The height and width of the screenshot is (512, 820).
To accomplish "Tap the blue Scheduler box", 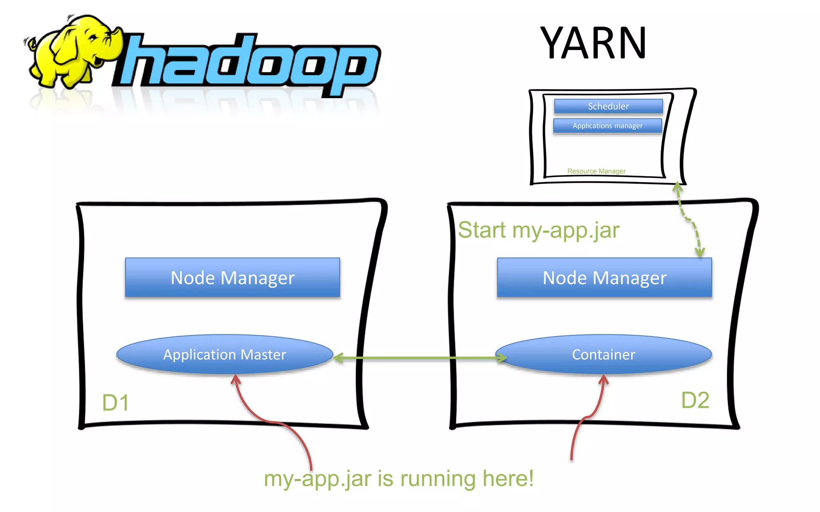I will (x=608, y=106).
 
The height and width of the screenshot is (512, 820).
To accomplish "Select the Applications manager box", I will (x=607, y=126).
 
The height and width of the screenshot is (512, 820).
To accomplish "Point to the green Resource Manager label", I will (x=596, y=171).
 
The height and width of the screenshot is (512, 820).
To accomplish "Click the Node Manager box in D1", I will (x=232, y=278).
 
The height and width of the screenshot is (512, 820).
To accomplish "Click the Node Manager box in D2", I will (x=604, y=278).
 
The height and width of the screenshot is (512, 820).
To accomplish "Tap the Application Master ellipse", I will (x=224, y=355).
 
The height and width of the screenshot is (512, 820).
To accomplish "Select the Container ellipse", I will (x=603, y=355).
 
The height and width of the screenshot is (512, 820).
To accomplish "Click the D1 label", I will (x=115, y=402).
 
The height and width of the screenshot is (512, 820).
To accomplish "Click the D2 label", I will (x=695, y=400).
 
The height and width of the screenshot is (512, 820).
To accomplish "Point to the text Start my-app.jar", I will (x=539, y=230).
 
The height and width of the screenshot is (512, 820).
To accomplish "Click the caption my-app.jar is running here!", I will (x=398, y=478).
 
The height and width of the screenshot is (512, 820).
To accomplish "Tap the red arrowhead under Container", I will (x=604, y=379).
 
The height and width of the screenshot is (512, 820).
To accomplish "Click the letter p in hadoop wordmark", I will (x=352, y=68).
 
